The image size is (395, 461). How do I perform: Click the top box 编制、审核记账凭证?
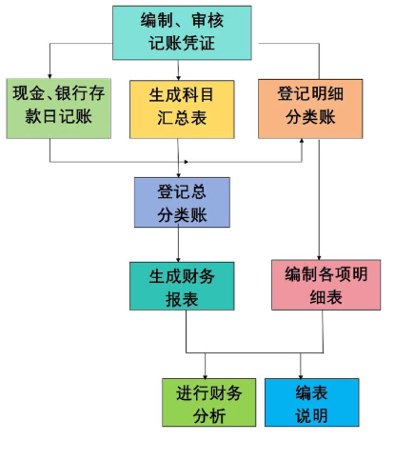tap(182, 31)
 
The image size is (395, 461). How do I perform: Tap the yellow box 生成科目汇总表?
tap(182, 108)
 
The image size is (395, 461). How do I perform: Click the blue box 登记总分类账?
tap(182, 202)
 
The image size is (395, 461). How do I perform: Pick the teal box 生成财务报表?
tap(182, 286)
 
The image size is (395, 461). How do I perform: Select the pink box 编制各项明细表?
tap(319, 286)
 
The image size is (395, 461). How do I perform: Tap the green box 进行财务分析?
tap(208, 402)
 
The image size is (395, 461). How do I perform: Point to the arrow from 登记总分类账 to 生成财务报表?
tap(182, 245)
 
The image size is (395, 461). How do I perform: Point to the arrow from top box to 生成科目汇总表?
tap(182, 70)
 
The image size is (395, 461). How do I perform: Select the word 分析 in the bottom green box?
tap(208, 415)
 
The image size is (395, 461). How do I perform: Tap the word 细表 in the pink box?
tap(319, 297)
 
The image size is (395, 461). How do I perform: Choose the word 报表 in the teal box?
tap(182, 298)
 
